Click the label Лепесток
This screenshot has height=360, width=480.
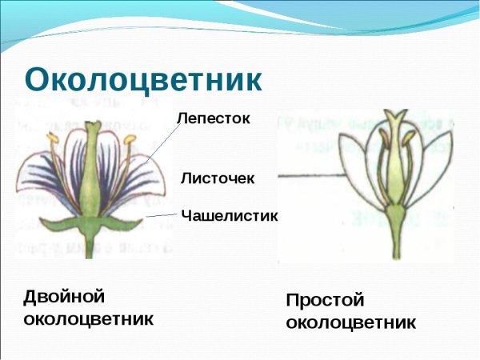(214, 118)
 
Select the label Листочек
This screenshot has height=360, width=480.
(218, 178)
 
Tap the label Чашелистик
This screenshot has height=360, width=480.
(229, 214)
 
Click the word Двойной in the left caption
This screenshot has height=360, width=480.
(65, 297)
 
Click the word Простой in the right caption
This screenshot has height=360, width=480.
(325, 301)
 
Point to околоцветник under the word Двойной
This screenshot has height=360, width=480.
(88, 320)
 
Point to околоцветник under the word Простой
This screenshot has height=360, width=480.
(350, 323)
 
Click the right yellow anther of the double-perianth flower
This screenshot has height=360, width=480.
(129, 142)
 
